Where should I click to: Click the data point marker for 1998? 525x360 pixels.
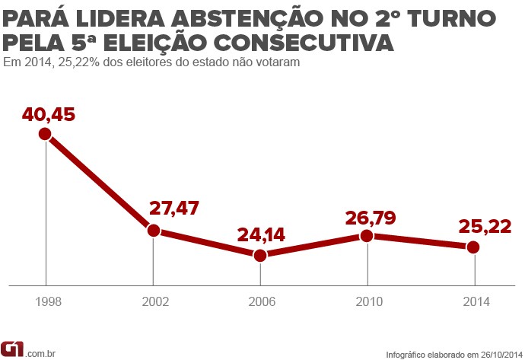coord(45,134)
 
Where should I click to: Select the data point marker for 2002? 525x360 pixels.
coord(153,230)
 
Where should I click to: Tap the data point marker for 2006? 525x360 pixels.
coord(260,256)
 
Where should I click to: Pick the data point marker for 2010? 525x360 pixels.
coord(367,236)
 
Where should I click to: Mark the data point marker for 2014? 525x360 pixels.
coord(473,247)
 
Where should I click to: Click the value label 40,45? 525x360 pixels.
coord(49,115)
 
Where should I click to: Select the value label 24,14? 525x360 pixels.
coord(260,234)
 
